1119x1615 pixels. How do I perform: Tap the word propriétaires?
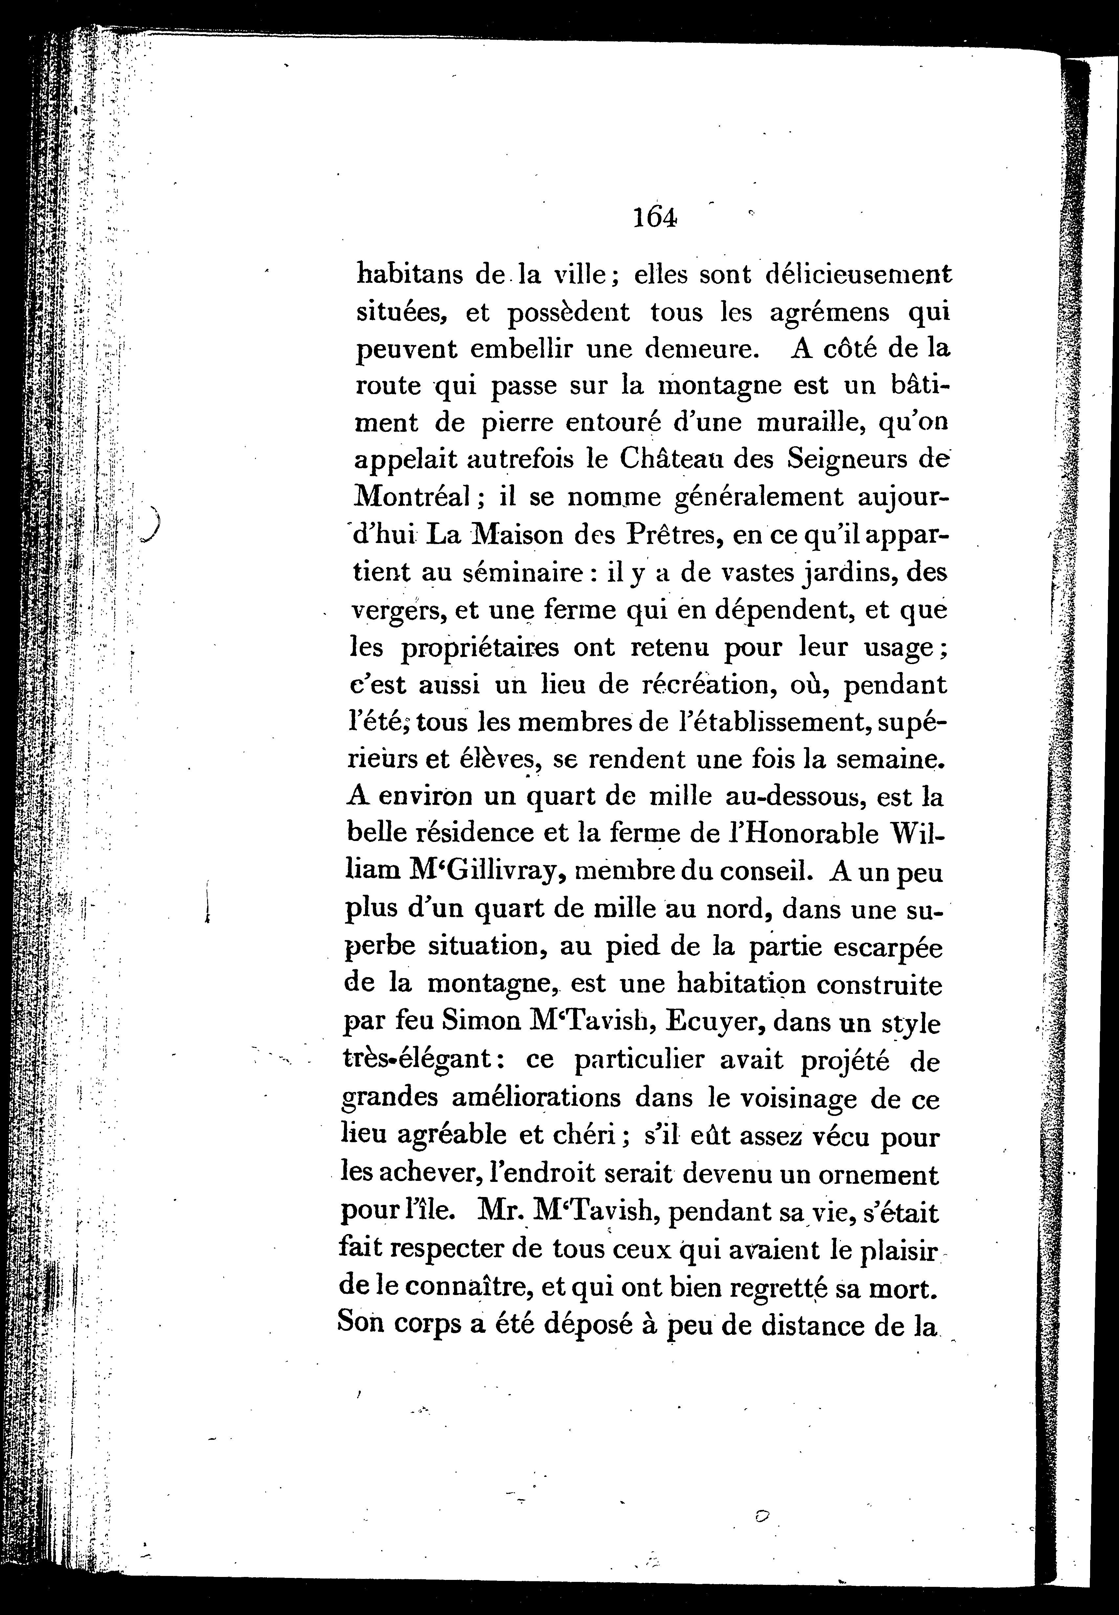[480, 648]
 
